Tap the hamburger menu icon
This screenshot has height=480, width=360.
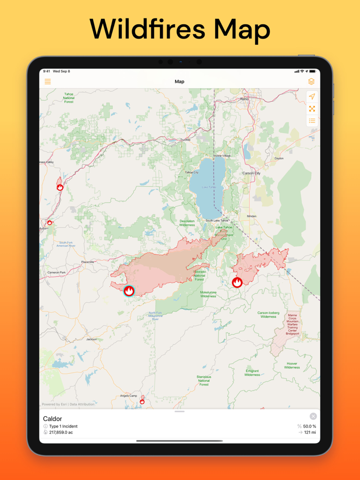tap(48, 82)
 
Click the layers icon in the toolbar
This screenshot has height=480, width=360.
tap(311, 82)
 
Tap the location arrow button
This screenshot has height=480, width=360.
tap(312, 97)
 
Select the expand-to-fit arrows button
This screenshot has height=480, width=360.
tap(312, 108)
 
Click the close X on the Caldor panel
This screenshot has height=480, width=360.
tap(313, 416)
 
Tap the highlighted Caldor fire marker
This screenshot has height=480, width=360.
tap(129, 291)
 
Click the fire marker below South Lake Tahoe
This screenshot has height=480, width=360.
tap(237, 282)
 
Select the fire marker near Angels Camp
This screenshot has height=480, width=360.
tap(142, 401)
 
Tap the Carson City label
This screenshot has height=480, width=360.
tap(251, 174)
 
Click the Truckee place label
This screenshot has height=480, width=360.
tap(185, 140)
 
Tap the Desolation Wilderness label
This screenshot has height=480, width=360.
tap(187, 223)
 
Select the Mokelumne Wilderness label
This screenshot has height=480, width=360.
tap(208, 294)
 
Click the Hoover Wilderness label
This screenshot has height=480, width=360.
tap(292, 365)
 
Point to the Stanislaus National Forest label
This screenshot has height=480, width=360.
tap(204, 380)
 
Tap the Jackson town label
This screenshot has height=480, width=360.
tap(92, 339)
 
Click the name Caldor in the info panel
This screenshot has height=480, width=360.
tap(52, 419)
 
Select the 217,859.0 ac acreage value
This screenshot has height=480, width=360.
tap(61, 433)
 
